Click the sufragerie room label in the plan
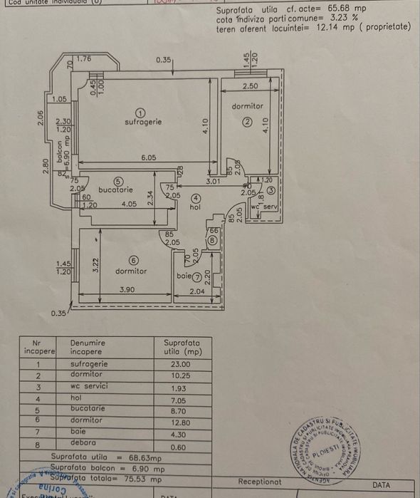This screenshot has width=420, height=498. pyautogui.click(x=142, y=122)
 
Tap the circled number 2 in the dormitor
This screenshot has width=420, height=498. pyautogui.click(x=247, y=121)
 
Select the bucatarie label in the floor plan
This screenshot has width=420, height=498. pyautogui.click(x=115, y=190)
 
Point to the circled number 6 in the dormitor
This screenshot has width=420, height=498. pyautogui.click(x=133, y=261)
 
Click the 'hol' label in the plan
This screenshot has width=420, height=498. pyautogui.click(x=196, y=208)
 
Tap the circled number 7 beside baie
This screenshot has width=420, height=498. pyautogui.click(x=197, y=276)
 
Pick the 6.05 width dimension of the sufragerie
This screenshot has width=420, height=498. pyautogui.click(x=148, y=157)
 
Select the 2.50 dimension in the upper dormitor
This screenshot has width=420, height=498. pyautogui.click(x=250, y=86)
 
